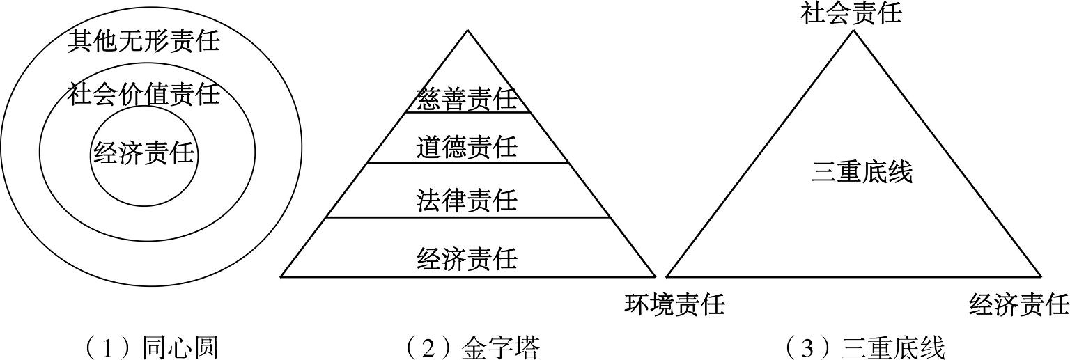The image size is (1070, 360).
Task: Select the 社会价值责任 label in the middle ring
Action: (144, 93)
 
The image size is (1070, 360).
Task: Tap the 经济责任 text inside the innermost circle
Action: (144, 152)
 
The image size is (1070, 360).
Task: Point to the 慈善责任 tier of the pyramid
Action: (467, 99)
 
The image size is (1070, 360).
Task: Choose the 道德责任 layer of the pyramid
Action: (467, 147)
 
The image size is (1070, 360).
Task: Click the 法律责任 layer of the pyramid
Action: (467, 201)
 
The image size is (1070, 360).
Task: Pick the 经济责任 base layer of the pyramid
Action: (467, 258)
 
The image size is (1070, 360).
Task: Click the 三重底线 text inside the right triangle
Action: (862, 171)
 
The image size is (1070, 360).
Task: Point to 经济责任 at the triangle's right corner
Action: (1019, 305)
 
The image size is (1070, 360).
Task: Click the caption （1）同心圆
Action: (151, 347)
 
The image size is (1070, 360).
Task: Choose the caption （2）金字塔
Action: (474, 347)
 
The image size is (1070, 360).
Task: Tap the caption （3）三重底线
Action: (864, 347)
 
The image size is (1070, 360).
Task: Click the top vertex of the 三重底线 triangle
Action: (853, 31)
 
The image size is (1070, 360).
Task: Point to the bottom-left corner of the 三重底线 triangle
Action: (667, 276)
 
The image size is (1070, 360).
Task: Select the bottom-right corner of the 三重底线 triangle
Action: (1041, 276)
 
